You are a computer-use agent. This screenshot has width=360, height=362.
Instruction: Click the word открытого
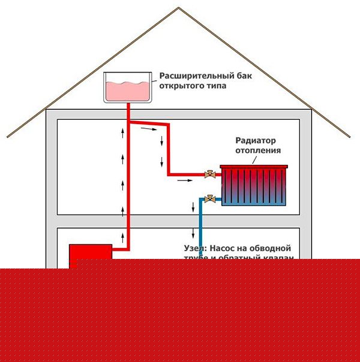click(x=179, y=86)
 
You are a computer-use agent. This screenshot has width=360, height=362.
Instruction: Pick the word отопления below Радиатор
click(x=258, y=150)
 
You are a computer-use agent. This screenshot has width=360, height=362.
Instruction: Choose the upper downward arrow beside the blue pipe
click(x=193, y=207)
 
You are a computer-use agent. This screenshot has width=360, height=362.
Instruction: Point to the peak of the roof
click(x=179, y=7)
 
